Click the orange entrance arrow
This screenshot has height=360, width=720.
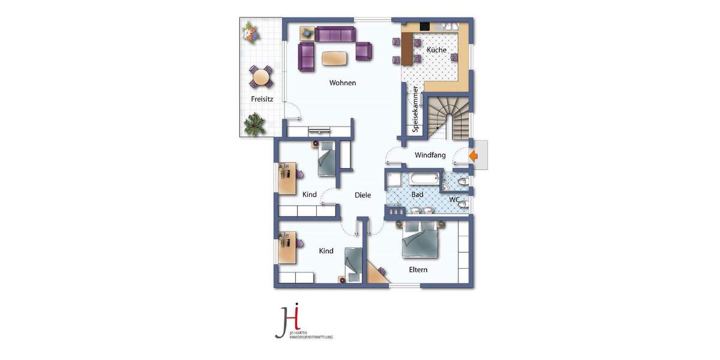click(473, 157)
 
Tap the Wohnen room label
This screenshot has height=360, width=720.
click(343, 83)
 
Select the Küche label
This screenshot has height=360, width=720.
click(437, 50)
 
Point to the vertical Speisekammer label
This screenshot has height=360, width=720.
click(415, 109)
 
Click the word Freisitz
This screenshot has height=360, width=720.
click(262, 100)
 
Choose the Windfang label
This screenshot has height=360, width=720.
click(430, 155)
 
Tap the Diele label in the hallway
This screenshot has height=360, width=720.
click(363, 195)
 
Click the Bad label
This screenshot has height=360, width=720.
click(418, 195)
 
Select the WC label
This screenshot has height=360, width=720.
click(455, 199)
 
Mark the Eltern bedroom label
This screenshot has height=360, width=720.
click(418, 269)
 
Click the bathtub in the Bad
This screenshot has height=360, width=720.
click(425, 179)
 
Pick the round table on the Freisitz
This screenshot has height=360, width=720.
click(261, 77)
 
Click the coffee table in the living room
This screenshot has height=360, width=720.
click(334, 58)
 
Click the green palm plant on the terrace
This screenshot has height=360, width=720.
click(254, 125)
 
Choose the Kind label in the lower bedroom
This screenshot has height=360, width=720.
click(326, 251)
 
